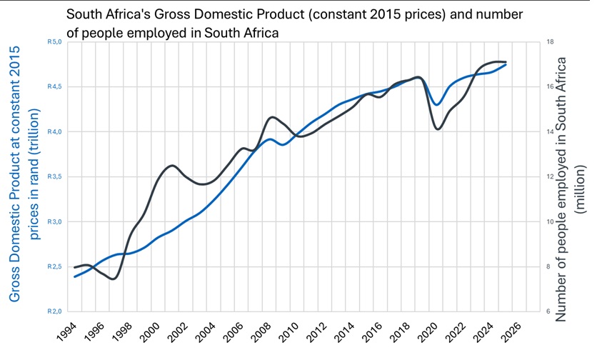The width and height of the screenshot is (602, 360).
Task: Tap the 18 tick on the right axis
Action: click(x=550, y=42)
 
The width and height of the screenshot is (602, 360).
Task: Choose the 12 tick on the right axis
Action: click(x=550, y=176)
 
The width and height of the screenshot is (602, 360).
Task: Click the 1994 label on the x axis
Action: click(x=66, y=331)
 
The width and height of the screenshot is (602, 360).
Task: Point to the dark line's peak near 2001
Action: click(x=172, y=166)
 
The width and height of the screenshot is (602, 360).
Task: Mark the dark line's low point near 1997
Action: click(x=112, y=279)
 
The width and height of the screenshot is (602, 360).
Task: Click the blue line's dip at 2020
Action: click(x=436, y=105)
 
